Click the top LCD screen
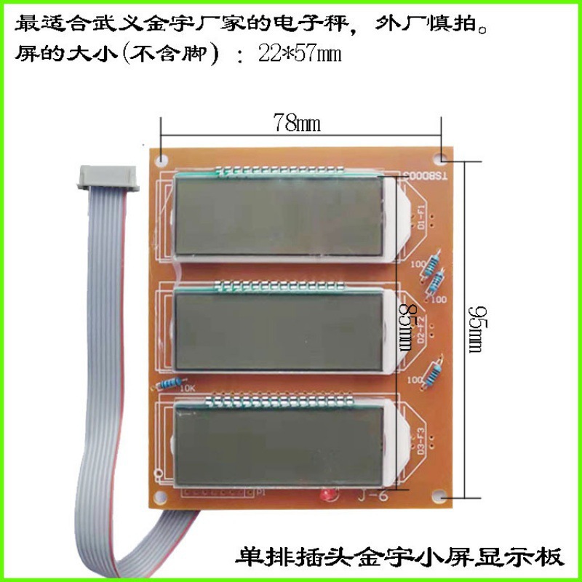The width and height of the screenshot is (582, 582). click(279, 216)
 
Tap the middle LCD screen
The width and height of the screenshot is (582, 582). click(279, 332)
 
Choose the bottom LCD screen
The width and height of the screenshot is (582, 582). click(279, 445)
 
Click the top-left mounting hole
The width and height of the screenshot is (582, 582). click(162, 156)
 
